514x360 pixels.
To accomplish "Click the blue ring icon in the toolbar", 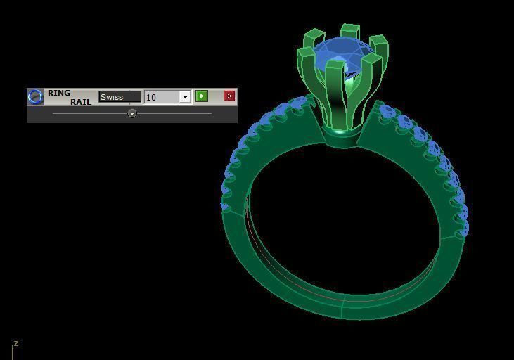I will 35,97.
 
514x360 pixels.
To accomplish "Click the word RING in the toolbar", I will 59,93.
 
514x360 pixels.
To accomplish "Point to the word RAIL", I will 80,102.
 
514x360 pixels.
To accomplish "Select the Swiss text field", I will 120,97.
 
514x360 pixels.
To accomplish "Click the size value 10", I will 161,97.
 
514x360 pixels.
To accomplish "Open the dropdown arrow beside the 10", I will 185,97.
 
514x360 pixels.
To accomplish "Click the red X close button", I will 229,96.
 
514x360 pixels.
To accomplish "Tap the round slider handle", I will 132,113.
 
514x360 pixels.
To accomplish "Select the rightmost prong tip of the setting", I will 380,44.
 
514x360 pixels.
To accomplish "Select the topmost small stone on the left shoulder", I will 300,104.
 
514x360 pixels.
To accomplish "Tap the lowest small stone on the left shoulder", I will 226,205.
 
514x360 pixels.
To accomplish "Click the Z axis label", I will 15,344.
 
